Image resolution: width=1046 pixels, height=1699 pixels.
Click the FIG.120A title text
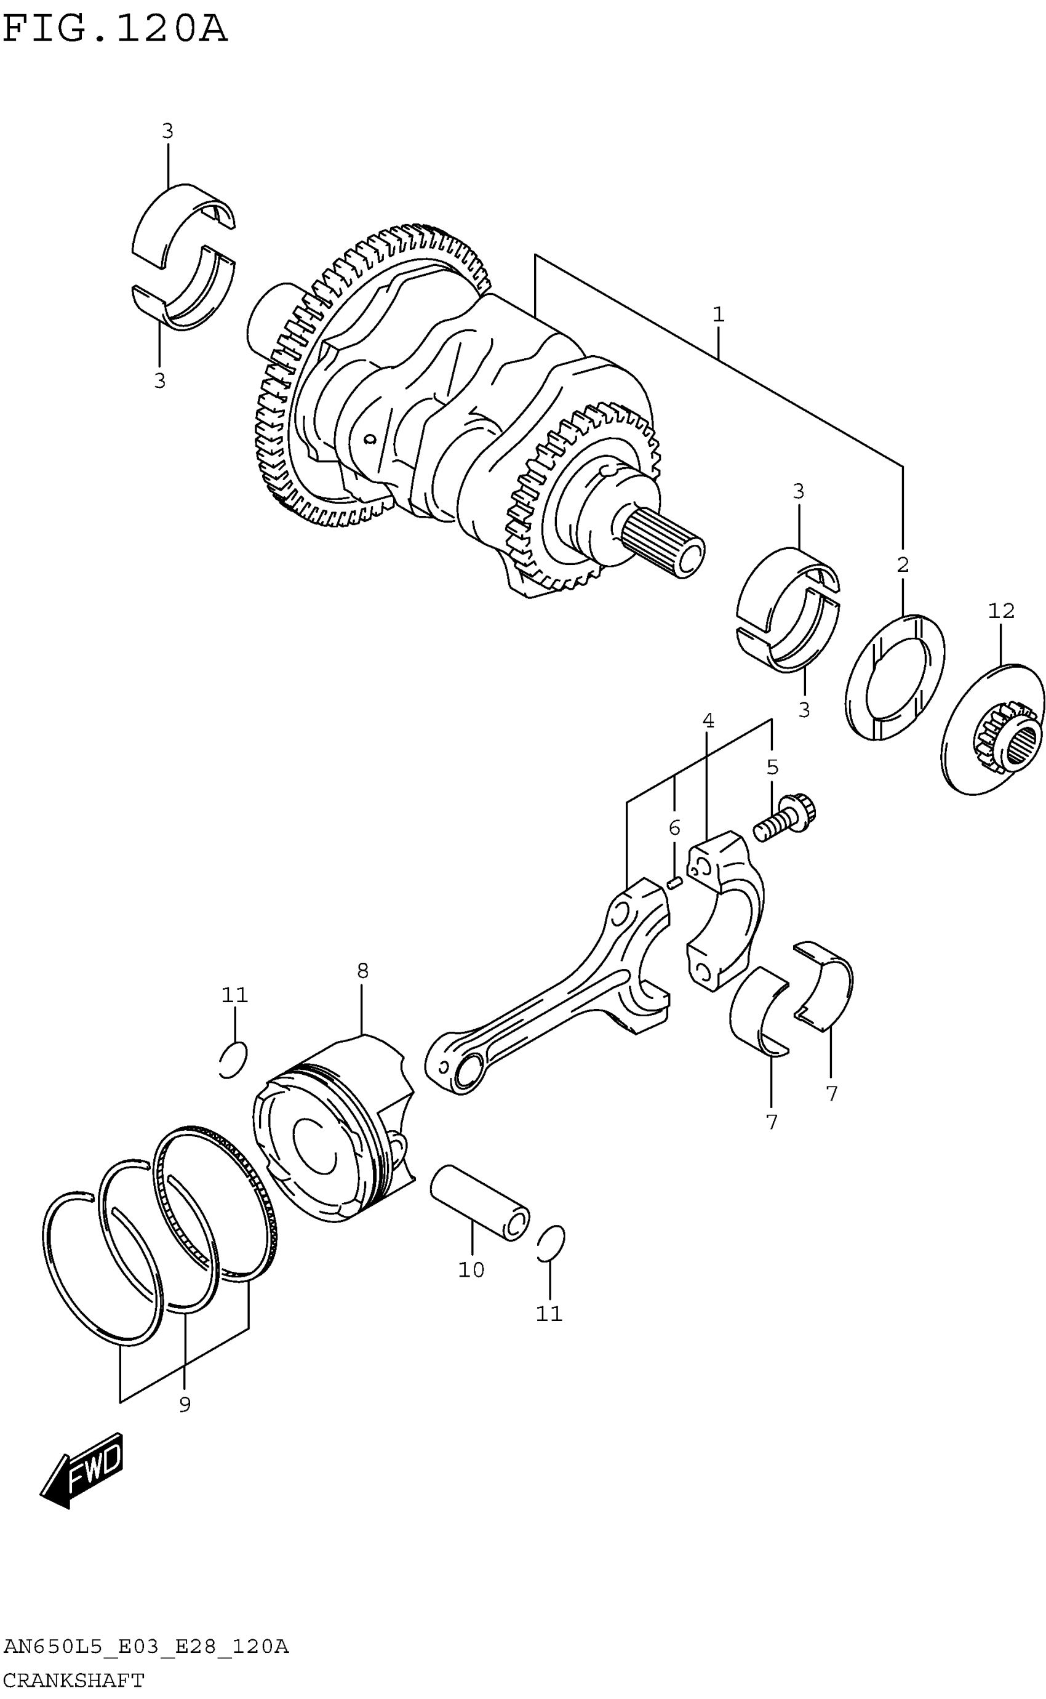[x=115, y=30]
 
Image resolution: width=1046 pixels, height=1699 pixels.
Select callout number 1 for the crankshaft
[x=718, y=315]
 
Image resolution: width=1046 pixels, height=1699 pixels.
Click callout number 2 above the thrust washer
[x=902, y=564]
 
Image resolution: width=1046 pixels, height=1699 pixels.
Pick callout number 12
[x=1001, y=611]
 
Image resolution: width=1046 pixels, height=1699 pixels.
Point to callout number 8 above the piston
[x=362, y=971]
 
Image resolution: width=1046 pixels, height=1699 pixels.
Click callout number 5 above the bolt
[x=772, y=767]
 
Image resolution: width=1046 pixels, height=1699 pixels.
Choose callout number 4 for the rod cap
[x=708, y=720]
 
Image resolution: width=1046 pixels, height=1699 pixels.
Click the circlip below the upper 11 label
[x=233, y=1059]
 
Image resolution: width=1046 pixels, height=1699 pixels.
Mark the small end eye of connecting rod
[x=464, y=1070]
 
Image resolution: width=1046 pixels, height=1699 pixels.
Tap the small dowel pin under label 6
[x=675, y=882]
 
